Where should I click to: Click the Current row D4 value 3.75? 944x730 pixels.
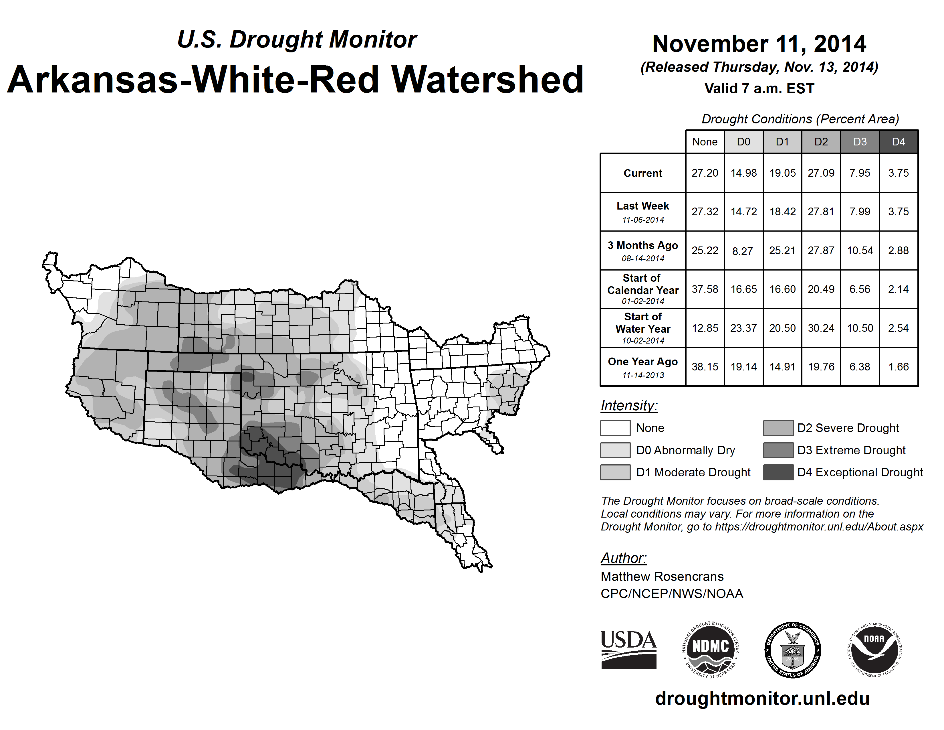coord(898,173)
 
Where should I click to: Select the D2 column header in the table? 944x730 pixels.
coord(821,142)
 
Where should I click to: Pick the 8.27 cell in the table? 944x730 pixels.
coord(743,251)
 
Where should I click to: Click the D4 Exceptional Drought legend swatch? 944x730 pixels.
coord(778,472)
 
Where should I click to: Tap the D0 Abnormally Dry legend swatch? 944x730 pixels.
coord(615,450)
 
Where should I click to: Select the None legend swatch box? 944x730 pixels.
coord(615,428)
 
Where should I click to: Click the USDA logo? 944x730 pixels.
coord(628,650)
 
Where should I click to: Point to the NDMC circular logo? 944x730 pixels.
coord(711,650)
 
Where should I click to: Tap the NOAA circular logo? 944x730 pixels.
coord(874,650)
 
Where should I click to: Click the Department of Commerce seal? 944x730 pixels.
coord(793,650)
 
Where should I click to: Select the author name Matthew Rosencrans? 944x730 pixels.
coord(662,577)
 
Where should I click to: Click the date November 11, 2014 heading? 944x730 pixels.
coord(759,44)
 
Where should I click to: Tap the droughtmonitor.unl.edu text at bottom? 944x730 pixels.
coord(762,699)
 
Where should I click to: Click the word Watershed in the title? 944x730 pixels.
coord(487,80)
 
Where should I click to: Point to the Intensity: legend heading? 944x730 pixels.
coord(629,406)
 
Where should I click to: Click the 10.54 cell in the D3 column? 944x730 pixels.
coord(860,251)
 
